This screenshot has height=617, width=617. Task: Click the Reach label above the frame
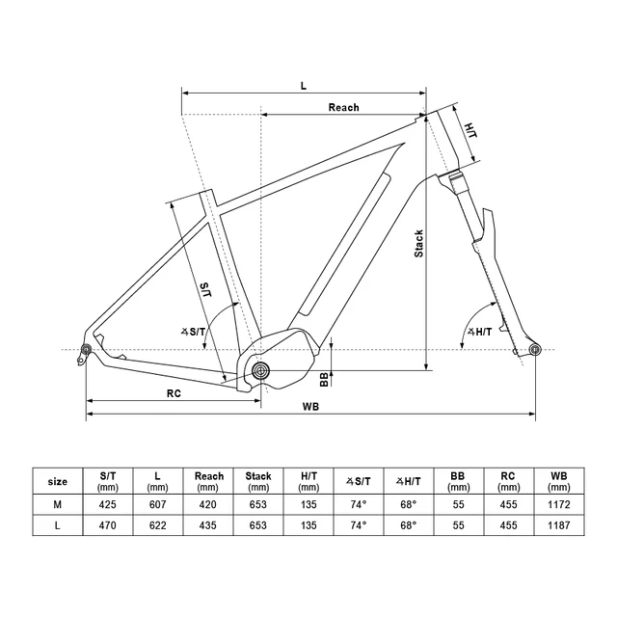click(x=343, y=107)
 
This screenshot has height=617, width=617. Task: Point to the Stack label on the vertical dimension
click(x=418, y=244)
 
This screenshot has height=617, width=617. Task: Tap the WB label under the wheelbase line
click(x=310, y=407)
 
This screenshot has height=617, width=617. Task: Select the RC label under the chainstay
click(x=174, y=393)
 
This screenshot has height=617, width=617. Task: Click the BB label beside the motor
click(x=324, y=380)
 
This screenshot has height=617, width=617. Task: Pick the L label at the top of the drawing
click(x=304, y=86)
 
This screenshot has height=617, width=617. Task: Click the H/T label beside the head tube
click(x=470, y=130)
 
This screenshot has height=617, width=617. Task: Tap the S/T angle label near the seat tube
click(x=193, y=332)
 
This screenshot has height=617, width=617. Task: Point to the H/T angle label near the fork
click(x=479, y=332)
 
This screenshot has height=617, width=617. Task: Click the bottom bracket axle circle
click(x=260, y=370)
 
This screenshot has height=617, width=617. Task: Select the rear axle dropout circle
click(x=86, y=349)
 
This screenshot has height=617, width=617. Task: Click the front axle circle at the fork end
click(x=535, y=349)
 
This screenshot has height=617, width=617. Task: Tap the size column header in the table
click(x=58, y=482)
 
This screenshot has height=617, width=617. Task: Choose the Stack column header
click(x=258, y=476)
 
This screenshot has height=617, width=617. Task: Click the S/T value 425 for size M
click(x=107, y=504)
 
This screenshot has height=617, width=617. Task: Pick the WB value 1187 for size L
click(x=559, y=525)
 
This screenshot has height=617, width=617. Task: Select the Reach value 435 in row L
click(x=208, y=525)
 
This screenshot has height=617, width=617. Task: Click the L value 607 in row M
click(x=157, y=504)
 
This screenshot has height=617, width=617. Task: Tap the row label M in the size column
click(x=58, y=504)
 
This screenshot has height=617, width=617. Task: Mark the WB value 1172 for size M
click(x=559, y=504)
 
